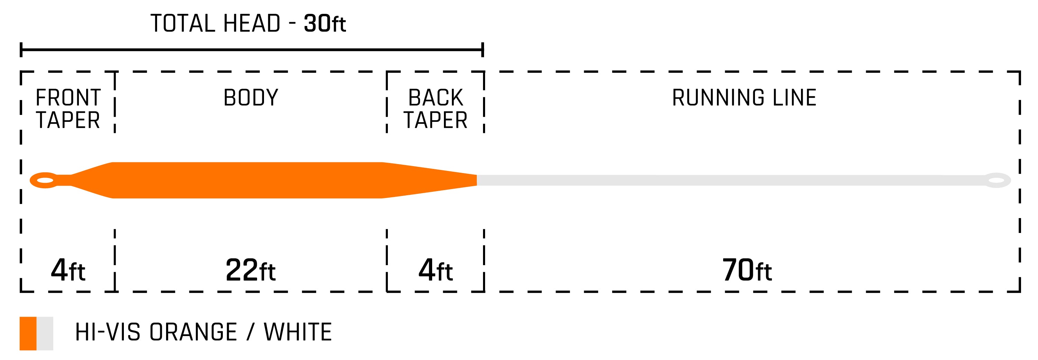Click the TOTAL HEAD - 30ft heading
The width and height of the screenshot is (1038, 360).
248,24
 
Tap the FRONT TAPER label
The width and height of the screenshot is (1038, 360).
68,109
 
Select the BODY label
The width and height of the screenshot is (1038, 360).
251,98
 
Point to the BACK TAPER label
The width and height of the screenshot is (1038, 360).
435,109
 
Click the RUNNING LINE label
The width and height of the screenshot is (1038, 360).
744,98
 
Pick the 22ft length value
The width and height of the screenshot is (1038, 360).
251,270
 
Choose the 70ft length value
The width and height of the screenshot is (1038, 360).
747,270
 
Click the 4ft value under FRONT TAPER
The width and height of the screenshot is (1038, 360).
68,270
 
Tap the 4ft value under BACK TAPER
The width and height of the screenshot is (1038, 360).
435,270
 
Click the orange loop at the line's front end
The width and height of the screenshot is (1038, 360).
44,180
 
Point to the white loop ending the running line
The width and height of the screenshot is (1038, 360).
996,180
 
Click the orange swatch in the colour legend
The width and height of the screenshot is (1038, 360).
28,333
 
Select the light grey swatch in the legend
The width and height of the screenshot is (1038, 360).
45,333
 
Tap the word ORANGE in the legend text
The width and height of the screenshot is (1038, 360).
193,332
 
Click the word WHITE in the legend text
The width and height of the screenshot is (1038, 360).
298,332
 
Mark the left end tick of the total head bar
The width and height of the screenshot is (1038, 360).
21,49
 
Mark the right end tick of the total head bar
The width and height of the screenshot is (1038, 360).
482,49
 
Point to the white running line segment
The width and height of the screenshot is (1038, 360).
725,180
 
